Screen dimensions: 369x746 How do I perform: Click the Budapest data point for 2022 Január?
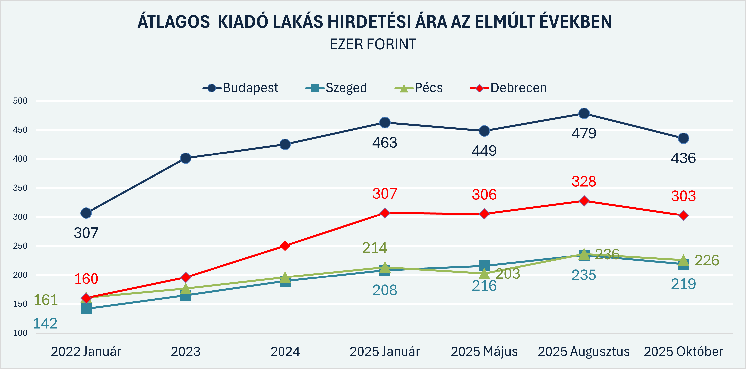tap(86, 213)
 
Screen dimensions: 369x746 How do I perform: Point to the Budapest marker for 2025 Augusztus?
tap(584, 113)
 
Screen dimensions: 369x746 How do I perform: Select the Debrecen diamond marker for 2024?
tap(285, 246)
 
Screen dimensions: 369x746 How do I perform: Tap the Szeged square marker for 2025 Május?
tap(484, 265)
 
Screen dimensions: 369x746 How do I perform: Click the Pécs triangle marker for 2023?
tap(186, 288)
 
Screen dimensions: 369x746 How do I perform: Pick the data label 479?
tap(584, 134)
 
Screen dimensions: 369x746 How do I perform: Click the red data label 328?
tap(584, 182)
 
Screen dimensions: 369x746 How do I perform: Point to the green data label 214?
tap(374, 248)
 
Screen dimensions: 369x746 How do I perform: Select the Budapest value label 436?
tap(683, 158)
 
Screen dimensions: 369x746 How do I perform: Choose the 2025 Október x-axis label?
tap(683, 352)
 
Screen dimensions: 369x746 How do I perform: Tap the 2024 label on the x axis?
tap(285, 352)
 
